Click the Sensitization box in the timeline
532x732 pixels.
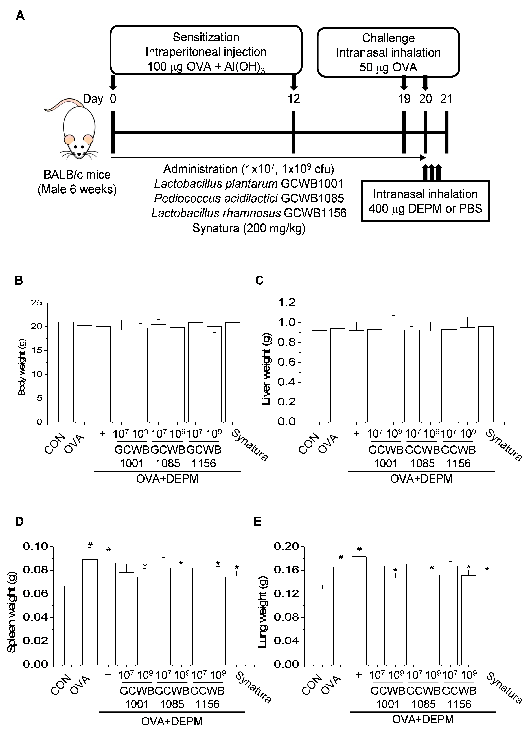(x=206, y=51)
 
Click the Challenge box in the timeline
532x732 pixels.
(x=388, y=52)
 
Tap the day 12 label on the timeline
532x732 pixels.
(x=294, y=98)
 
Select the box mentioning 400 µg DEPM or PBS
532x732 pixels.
(x=425, y=201)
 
